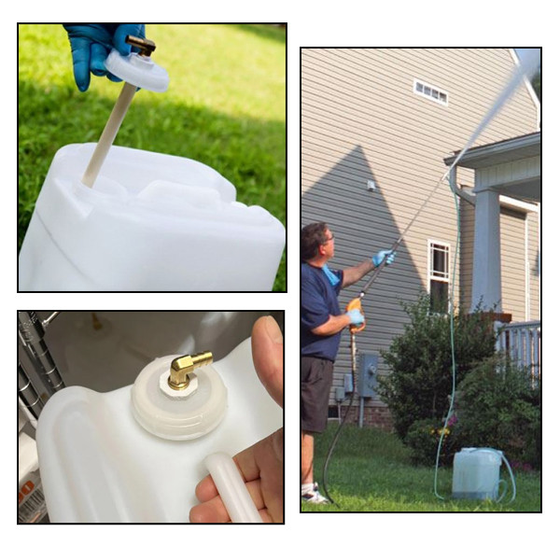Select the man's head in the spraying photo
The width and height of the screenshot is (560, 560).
(x=315, y=245)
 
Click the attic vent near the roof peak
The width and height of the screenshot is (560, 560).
(x=430, y=91)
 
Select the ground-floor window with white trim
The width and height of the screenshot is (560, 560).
(x=438, y=271)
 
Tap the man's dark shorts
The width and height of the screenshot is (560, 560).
(x=316, y=393)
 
